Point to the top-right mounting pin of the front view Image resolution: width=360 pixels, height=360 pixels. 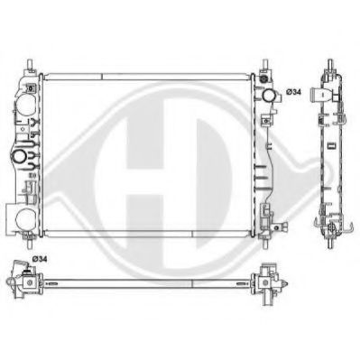click(x=267, y=66)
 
